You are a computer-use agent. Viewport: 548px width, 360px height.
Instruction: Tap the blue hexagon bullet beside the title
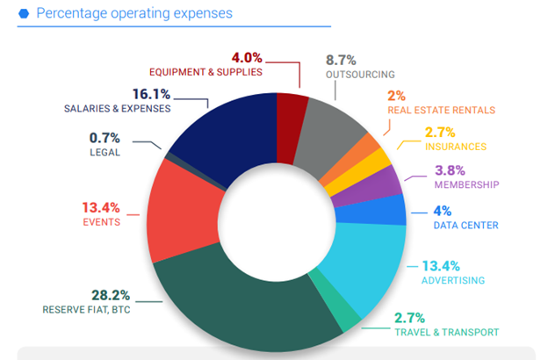pos(23,13)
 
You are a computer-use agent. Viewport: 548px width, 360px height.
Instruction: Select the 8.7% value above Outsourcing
pos(341,60)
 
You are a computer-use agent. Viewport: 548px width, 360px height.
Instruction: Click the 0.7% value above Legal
pos(105,137)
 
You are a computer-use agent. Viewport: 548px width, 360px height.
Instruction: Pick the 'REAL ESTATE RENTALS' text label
pos(441,111)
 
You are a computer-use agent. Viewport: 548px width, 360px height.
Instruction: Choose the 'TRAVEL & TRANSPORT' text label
pos(447,332)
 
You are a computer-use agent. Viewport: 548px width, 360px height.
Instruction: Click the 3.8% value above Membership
pos(450,170)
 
